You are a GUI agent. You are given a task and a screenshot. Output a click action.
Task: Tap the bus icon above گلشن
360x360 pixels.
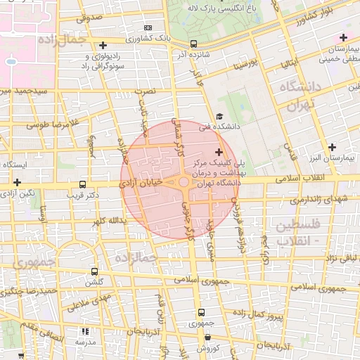point(94,271)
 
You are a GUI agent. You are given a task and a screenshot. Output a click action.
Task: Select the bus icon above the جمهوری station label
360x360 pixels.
point(202,313)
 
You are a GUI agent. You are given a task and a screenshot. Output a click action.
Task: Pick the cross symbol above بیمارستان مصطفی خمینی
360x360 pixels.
point(343,37)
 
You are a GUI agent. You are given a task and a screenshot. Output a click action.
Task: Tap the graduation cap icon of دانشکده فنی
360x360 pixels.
point(219,117)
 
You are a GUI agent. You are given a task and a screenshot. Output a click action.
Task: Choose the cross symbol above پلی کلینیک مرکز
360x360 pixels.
point(219,151)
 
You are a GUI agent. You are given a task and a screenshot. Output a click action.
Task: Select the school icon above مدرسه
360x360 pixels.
point(86,330)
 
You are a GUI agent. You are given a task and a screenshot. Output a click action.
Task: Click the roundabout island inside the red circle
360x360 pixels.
point(184,183)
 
